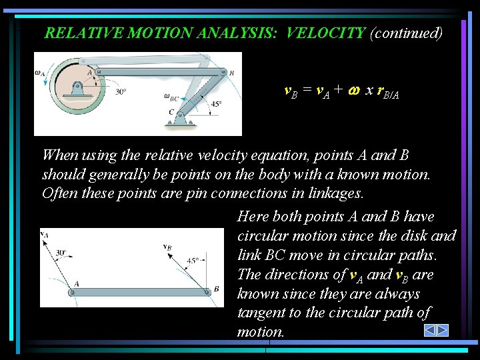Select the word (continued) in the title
(x=406, y=33)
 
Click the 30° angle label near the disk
(x=120, y=92)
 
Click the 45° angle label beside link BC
(x=216, y=103)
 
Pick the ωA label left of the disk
(x=40, y=74)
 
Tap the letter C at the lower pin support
(x=171, y=111)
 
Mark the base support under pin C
(x=181, y=123)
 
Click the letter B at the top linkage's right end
(x=231, y=73)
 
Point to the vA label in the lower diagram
(x=44, y=234)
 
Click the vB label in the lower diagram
(x=167, y=246)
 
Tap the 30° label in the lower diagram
(x=62, y=253)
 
